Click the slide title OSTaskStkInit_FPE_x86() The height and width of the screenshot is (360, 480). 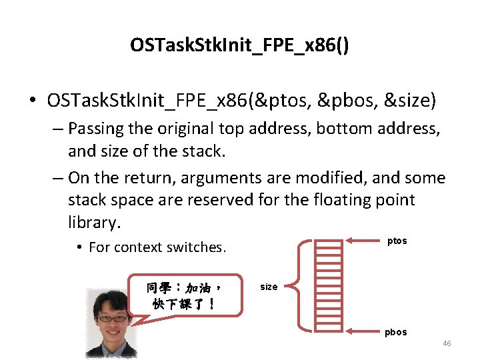click(239, 45)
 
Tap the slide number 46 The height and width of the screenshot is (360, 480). click(447, 343)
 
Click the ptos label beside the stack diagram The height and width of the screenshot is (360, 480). click(397, 241)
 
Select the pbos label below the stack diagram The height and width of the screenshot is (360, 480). click(395, 332)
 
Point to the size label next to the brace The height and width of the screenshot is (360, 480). click(269, 287)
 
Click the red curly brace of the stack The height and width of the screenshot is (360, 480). click(302, 285)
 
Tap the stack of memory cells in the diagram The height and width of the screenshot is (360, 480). click(328, 285)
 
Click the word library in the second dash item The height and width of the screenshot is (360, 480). click(93, 222)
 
